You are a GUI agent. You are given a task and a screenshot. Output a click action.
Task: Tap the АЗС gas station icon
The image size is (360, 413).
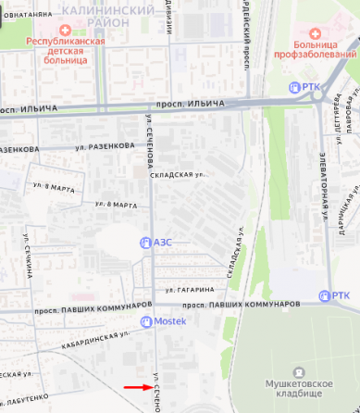pos(143,244)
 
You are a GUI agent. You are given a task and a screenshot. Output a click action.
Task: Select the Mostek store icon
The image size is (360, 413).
pos(144,321)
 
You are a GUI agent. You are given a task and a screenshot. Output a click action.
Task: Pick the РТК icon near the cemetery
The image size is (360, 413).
pos(324,296)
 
